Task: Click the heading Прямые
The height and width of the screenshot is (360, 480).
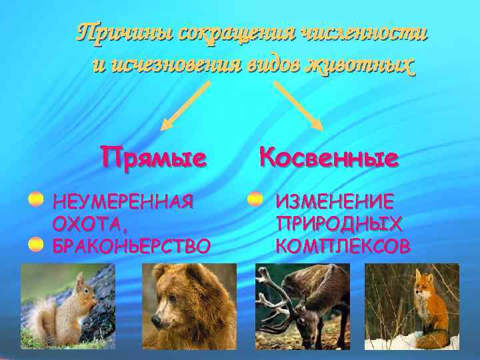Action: pyautogui.click(x=153, y=158)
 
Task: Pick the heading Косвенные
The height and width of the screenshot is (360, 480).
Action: pyautogui.click(x=329, y=157)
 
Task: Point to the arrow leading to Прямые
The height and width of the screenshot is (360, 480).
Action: pyautogui.click(x=187, y=105)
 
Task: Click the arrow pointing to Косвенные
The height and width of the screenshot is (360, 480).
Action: pyautogui.click(x=298, y=105)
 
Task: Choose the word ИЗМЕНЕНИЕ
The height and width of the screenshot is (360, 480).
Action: pyautogui.click(x=335, y=201)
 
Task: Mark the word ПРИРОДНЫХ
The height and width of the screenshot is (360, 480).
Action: pyautogui.click(x=339, y=223)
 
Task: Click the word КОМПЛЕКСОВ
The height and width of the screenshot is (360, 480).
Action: pyautogui.click(x=343, y=246)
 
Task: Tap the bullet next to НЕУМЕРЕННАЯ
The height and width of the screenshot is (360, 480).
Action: pyautogui.click(x=36, y=200)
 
